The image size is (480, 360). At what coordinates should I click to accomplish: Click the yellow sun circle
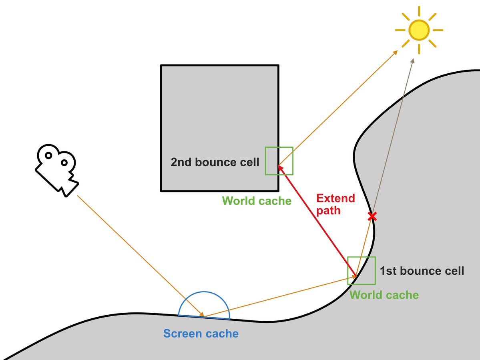pyautogui.click(x=419, y=30)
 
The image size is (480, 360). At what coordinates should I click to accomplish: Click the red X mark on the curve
pyautogui.click(x=372, y=217)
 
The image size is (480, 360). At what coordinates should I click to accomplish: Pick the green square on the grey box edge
pyautogui.click(x=279, y=161)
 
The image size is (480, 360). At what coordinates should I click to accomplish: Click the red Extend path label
pyautogui.click(x=335, y=204)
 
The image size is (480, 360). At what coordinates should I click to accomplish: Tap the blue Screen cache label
pyautogui.click(x=201, y=334)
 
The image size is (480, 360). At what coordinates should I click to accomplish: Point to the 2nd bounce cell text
pyautogui.click(x=215, y=162)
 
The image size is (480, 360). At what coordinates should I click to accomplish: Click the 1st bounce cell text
pyautogui.click(x=422, y=271)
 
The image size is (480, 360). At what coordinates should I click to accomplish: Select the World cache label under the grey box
pyautogui.click(x=257, y=201)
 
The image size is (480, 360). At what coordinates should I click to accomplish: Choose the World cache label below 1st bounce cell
pyautogui.click(x=384, y=295)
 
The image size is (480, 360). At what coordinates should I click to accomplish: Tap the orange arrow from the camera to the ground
pyautogui.click(x=140, y=256)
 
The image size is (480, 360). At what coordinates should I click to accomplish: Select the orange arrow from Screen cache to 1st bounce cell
pyautogui.click(x=280, y=296)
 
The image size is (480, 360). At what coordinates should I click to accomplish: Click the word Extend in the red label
pyautogui.click(x=335, y=198)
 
